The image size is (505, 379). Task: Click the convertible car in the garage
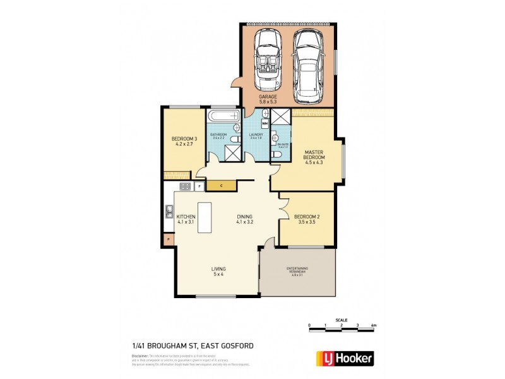click(x=267, y=59)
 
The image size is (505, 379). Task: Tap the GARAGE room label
click(x=268, y=99)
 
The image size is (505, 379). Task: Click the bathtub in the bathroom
click(x=223, y=116)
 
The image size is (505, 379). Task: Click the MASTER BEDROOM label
click(x=314, y=157)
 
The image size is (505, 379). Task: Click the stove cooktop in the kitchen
click(x=186, y=186)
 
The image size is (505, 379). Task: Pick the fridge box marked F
click(x=199, y=186)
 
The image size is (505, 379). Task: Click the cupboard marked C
click(x=222, y=185)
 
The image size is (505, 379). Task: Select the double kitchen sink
click(x=169, y=212)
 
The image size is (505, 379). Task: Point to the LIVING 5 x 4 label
click(x=218, y=272)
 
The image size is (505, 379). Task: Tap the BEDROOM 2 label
click(x=305, y=219)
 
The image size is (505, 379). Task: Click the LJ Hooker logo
click(x=344, y=358)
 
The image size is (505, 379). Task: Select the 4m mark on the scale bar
click(x=374, y=326)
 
